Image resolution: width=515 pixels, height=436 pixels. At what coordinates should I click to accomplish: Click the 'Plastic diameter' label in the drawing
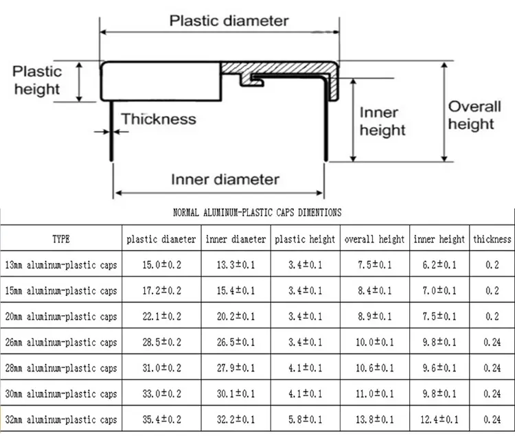(229, 21)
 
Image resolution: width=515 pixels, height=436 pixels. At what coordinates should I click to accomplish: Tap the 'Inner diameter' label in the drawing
(225, 180)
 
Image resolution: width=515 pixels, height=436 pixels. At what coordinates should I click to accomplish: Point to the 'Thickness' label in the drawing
(159, 119)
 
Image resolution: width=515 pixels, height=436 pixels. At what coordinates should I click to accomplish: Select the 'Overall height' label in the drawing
(474, 115)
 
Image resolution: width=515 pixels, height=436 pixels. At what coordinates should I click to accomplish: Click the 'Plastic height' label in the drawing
(37, 80)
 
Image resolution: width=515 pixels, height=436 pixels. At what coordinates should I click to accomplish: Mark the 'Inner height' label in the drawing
(382, 121)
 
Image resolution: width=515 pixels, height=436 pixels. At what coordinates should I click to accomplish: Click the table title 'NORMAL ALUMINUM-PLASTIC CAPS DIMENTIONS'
(257, 213)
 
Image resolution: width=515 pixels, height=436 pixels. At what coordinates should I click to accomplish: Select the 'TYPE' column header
(61, 239)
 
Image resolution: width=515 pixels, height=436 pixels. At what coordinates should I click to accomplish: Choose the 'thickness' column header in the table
(492, 239)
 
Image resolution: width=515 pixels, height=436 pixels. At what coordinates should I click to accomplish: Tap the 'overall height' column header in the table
(374, 240)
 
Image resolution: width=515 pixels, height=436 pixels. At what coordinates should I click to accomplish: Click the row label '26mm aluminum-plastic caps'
(61, 343)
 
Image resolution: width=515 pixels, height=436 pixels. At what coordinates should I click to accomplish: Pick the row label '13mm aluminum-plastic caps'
(61, 265)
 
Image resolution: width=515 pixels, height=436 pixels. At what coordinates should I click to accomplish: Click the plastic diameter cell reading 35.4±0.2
(161, 420)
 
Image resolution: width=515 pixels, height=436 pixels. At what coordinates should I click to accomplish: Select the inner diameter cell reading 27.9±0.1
(236, 368)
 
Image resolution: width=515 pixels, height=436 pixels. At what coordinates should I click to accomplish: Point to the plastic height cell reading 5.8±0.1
(306, 420)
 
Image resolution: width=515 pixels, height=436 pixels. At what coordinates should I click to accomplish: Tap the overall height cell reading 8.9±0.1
(375, 317)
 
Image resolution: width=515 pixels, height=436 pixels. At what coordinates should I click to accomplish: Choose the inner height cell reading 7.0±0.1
(439, 290)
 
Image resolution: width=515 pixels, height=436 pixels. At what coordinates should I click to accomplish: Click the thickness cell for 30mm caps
(492, 393)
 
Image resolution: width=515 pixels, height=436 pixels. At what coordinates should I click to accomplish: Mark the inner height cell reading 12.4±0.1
(439, 420)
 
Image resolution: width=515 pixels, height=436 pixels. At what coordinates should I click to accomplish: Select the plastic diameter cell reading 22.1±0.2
(161, 317)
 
